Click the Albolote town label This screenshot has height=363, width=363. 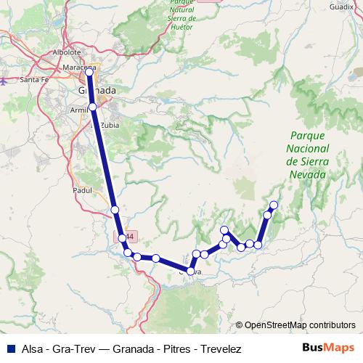coord(67,53)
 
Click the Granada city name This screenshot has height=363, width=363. coord(97,90)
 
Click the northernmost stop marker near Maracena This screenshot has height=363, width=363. coord(90,72)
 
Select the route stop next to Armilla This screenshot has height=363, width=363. coord(93,107)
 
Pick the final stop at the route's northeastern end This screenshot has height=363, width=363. coord(274,205)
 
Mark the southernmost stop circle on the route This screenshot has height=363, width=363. coord(191,271)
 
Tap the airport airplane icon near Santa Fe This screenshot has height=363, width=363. coord(4,81)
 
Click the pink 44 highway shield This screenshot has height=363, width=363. coord(129,237)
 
